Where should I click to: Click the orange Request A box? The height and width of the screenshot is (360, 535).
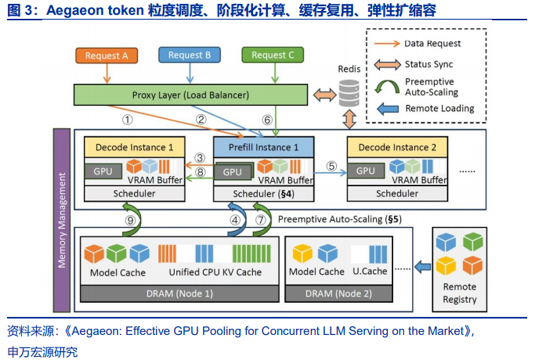pos(106,56)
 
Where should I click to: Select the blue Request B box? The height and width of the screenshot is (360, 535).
pos(189,55)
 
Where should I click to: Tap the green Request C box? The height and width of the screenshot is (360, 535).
pos(273,55)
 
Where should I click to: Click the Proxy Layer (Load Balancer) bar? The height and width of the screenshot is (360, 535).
pos(191,95)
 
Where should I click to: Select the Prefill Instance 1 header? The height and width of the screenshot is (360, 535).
pos(264,147)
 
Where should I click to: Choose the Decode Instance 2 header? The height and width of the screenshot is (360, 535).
pos(397,147)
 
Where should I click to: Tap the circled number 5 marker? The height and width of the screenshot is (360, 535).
pos(332,165)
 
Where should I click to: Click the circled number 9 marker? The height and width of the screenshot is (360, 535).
pos(130,220)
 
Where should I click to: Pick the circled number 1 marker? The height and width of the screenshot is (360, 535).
pos(127,120)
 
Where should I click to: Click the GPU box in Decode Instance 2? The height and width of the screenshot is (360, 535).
pos(365,171)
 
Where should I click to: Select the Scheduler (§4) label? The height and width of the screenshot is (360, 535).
pos(264,193)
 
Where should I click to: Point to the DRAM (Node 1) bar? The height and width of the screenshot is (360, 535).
pos(179,294)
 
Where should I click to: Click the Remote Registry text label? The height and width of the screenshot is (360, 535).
pos(459,293)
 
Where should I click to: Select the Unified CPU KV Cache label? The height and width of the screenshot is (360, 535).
pos(215,272)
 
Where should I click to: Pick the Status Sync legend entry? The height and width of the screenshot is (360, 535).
pos(428,64)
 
